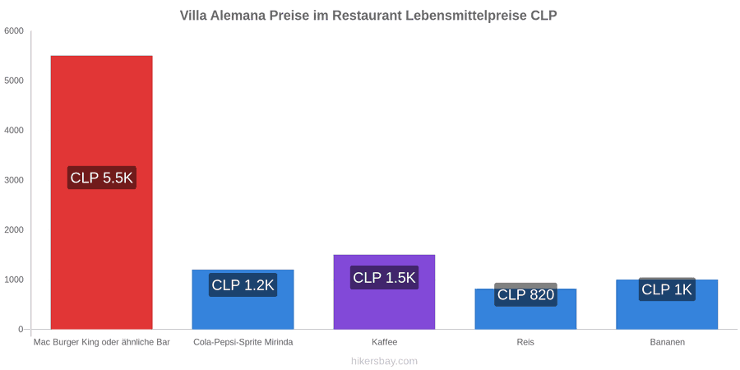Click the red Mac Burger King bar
coord(101,192)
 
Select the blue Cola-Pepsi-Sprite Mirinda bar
coord(243,299)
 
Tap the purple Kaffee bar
coord(384,292)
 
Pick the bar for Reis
coord(525,308)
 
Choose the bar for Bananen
coord(667,304)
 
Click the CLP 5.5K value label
coord(101,178)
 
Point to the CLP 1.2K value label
coord(243,285)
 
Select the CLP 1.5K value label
coord(384,278)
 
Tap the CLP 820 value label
coord(525,294)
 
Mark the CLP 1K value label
coord(667,289)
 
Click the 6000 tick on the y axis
coord(14,31)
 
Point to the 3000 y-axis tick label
coord(14,180)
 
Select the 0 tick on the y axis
coord(21,330)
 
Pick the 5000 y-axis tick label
coord(14,81)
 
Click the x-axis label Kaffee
coord(384,342)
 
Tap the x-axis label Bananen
coord(667,342)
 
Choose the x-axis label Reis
coord(525,342)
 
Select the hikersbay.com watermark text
coord(384,361)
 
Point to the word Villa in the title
coord(193,16)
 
